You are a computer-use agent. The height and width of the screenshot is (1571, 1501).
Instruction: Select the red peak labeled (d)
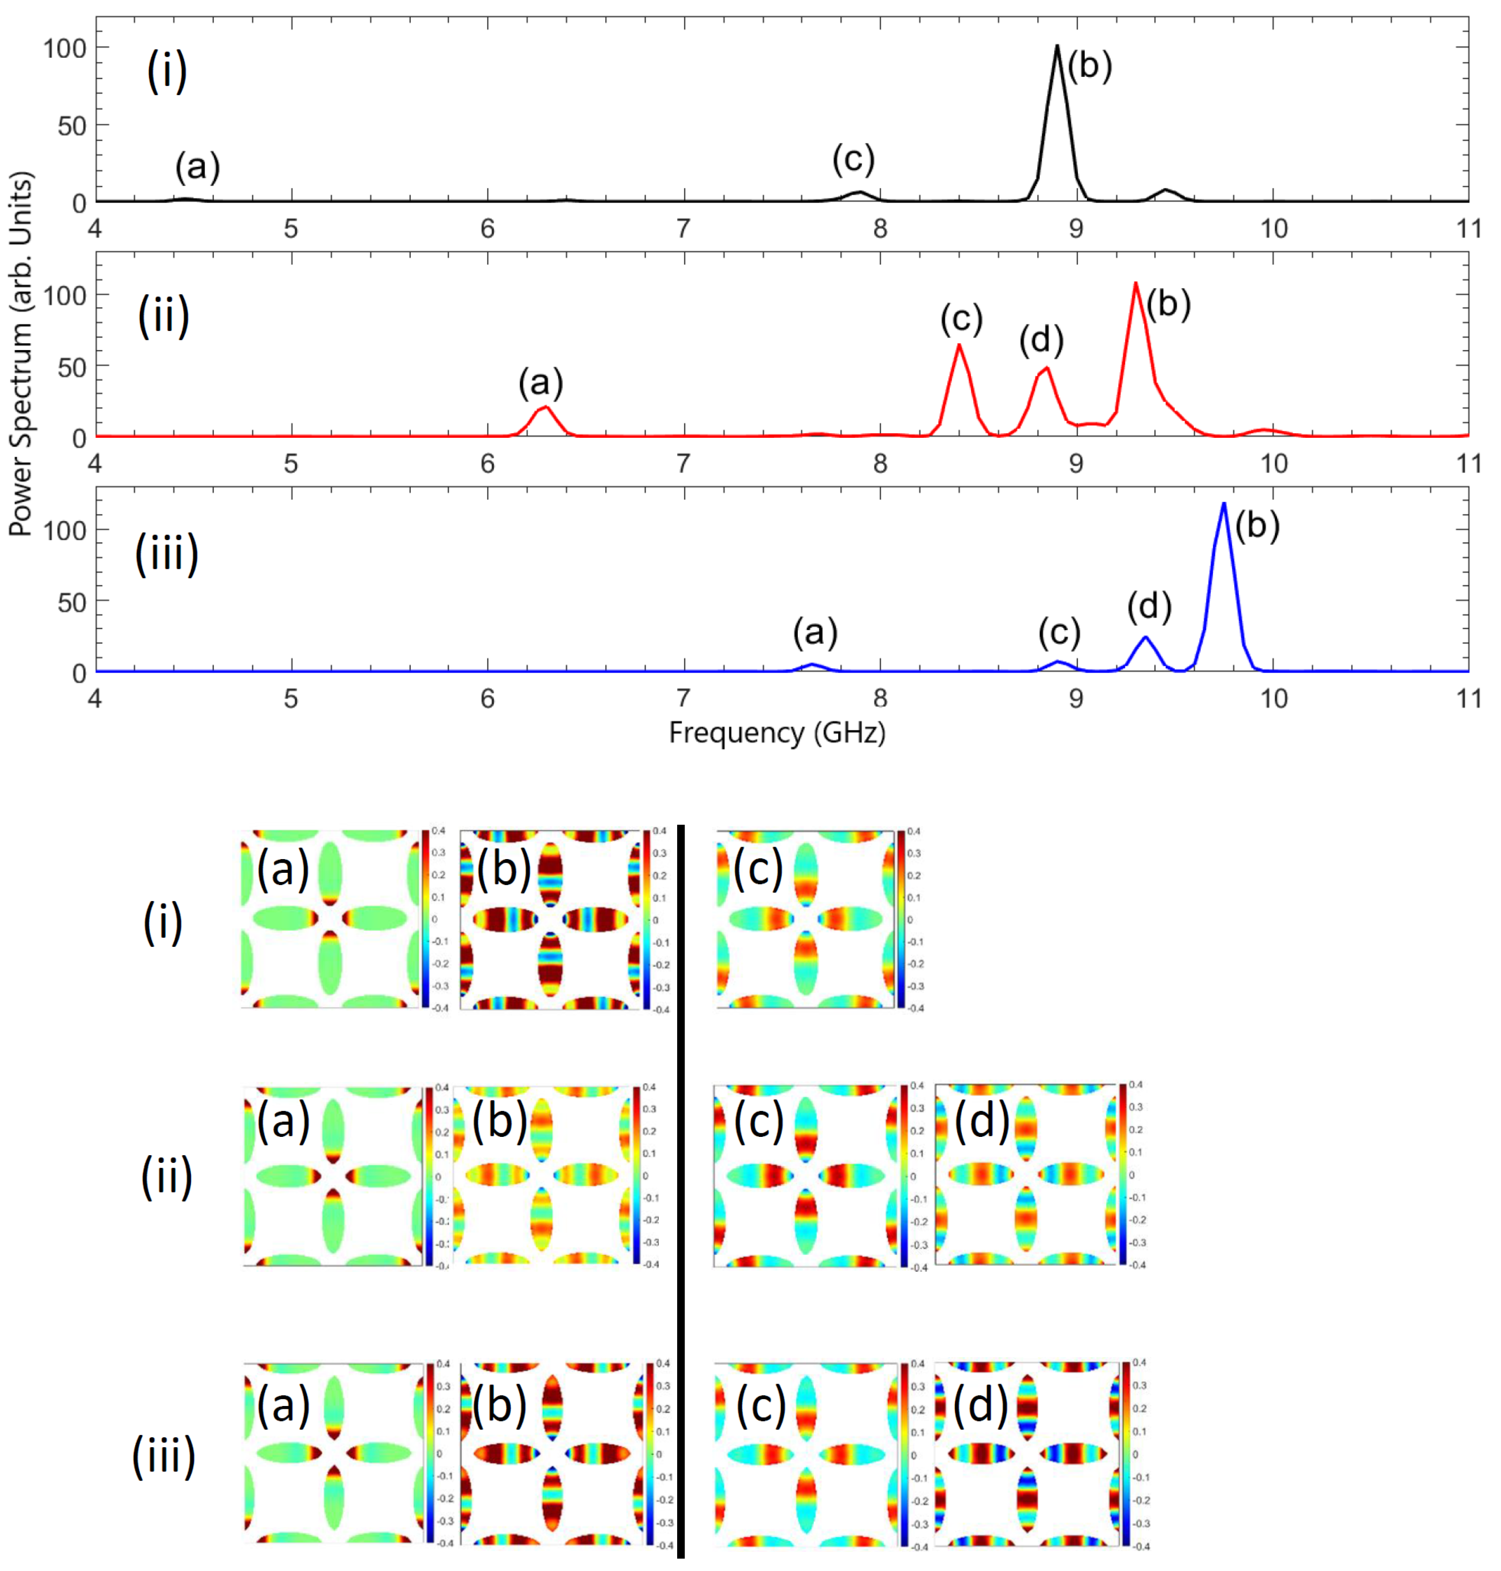(x=1046, y=369)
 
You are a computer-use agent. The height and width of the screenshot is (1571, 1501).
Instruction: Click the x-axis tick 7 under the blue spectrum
(x=683, y=699)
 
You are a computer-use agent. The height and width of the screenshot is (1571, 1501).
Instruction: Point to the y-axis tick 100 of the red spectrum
(x=64, y=295)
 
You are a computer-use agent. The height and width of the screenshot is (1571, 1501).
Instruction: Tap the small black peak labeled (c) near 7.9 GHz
(x=859, y=193)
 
